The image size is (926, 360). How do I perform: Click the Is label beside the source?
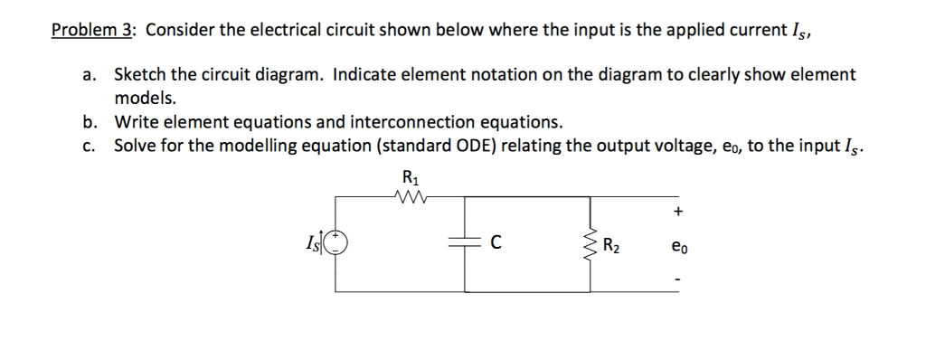click(316, 243)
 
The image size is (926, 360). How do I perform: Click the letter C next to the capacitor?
click(496, 242)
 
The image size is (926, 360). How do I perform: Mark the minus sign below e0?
click(677, 277)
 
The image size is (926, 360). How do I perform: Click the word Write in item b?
click(135, 122)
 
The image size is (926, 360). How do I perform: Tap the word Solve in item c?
click(135, 145)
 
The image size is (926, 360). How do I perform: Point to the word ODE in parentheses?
click(513, 145)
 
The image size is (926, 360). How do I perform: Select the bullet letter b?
click(90, 122)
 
